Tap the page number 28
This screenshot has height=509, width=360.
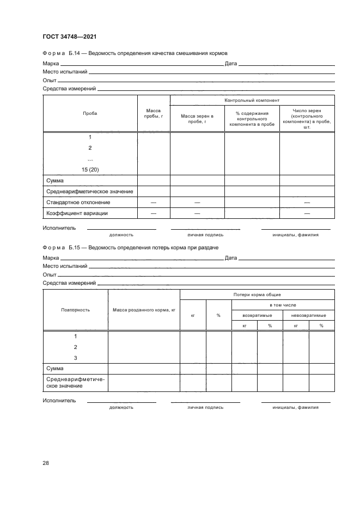pyautogui.click(x=46, y=463)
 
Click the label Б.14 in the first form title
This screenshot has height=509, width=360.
pyautogui.click(x=75, y=53)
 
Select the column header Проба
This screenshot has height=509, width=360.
pyautogui.click(x=90, y=113)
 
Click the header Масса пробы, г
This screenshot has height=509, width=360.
pyautogui.click(x=154, y=113)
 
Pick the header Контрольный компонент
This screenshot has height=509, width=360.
pyautogui.click(x=252, y=101)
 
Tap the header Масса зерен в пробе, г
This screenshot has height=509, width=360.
pyautogui.click(x=197, y=119)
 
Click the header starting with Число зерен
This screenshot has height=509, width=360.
pyautogui.click(x=307, y=119)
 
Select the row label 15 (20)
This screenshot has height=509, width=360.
pyautogui.click(x=90, y=169)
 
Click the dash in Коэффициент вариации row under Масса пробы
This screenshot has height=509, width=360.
pyautogui.click(x=154, y=213)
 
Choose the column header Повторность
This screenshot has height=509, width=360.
pyautogui.click(x=75, y=310)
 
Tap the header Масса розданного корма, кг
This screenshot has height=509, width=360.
pyautogui.click(x=144, y=310)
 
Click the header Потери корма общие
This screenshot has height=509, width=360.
pyautogui.click(x=257, y=295)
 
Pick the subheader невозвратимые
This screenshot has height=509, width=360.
pyautogui.click(x=309, y=315)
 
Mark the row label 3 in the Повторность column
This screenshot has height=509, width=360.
pyautogui.click(x=75, y=358)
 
